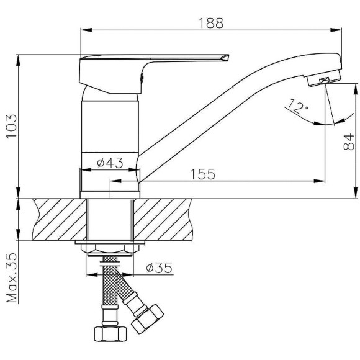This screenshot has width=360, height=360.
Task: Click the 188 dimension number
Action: (210, 23)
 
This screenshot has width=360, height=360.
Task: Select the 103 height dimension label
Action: (11, 126)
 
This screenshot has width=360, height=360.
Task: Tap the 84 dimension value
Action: (349, 142)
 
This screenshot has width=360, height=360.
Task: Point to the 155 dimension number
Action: (203, 174)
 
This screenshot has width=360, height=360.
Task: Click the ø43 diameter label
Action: (110, 163)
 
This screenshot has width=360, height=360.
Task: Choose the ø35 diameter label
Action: (159, 268)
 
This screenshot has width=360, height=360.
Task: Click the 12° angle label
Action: (298, 106)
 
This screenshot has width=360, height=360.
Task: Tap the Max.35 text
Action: (12, 278)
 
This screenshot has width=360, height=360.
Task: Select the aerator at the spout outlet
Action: (324, 79)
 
